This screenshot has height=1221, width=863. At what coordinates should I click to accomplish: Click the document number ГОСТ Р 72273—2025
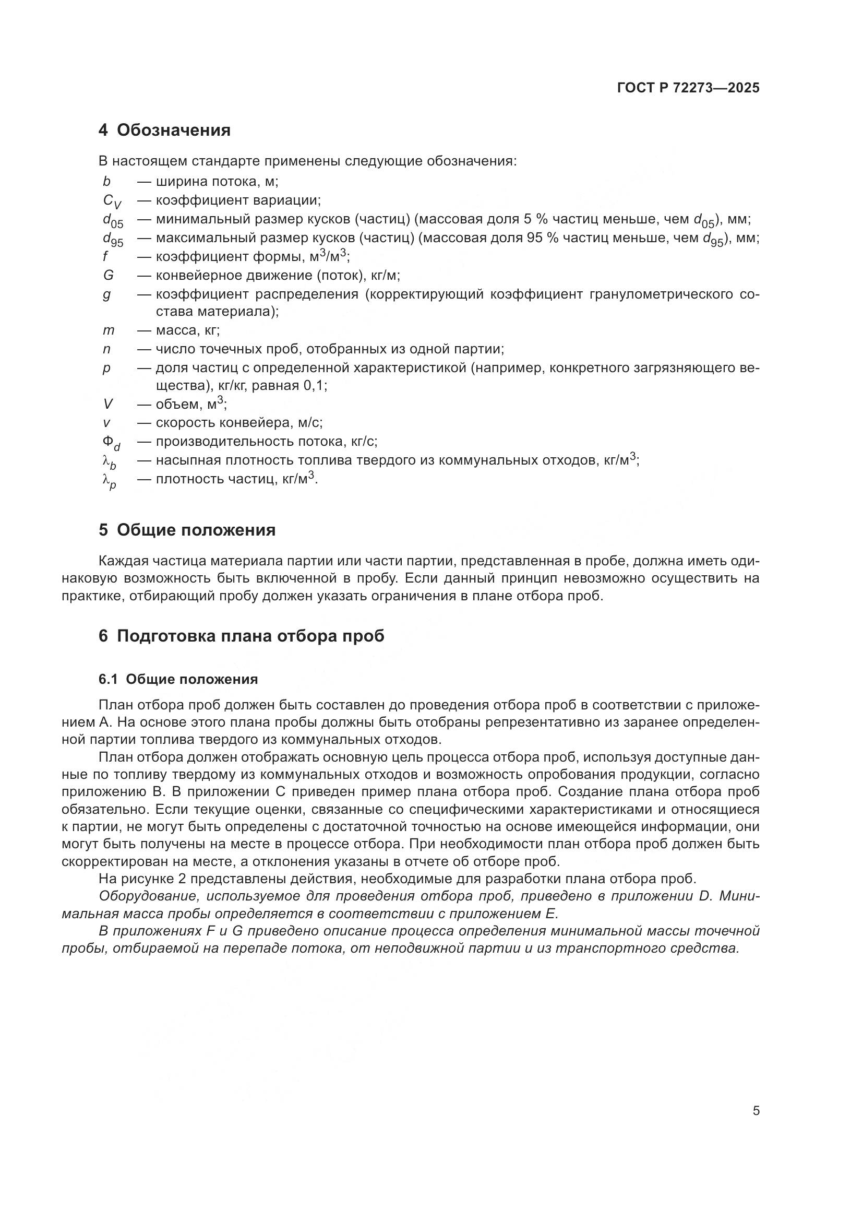pos(688,88)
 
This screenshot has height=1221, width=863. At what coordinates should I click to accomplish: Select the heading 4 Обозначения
pos(164,131)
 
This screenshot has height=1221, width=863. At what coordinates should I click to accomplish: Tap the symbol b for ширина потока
pos(106,182)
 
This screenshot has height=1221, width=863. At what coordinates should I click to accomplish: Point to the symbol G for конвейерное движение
pos(109,276)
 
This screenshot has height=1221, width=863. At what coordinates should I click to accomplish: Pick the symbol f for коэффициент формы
pos(105,257)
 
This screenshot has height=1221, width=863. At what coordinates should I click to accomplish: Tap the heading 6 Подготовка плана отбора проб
pos(241,636)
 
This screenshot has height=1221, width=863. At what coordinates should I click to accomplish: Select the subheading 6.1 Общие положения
pos(178,680)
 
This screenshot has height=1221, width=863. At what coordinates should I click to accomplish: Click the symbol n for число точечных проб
pos(106,349)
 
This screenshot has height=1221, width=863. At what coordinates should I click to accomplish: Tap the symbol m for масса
pos(109,331)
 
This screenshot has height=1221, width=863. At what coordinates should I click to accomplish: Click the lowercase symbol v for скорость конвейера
pos(106,423)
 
